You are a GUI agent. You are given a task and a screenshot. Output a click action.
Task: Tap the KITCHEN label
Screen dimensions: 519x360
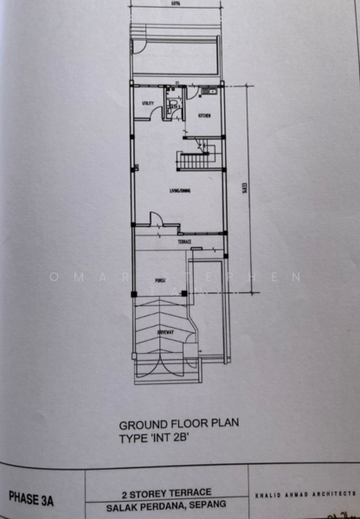tap(204, 115)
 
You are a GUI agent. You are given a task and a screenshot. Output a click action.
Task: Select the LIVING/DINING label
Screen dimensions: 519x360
tap(179, 193)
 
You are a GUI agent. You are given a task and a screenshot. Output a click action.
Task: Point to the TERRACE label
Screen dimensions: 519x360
tap(184, 242)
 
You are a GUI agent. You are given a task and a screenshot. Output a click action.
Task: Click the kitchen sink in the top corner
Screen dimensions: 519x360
tap(211, 89)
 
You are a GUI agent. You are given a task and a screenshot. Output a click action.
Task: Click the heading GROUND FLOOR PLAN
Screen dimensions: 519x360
tap(177, 425)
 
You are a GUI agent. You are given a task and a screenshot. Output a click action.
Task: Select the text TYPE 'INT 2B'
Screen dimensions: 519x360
tap(153, 439)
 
